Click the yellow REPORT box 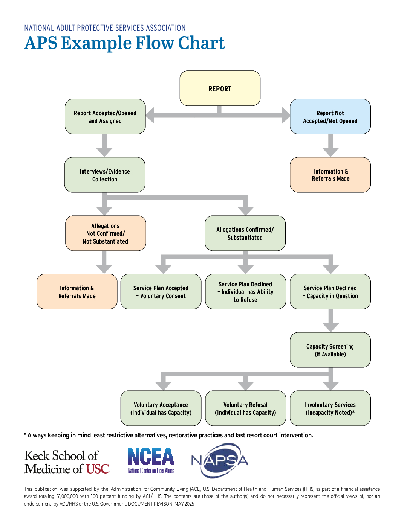(x=220, y=88)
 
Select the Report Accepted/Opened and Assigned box (x=105, y=117)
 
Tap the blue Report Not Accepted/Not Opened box (x=330, y=117)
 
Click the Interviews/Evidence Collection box (x=105, y=175)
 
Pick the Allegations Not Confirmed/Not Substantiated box (x=106, y=233)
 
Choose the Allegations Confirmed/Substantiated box (x=245, y=233)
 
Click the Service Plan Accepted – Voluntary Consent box (x=161, y=292)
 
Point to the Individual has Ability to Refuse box (x=245, y=292)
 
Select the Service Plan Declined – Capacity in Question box (x=330, y=292)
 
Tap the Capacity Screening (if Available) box (x=330, y=350)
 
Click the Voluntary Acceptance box (x=161, y=408)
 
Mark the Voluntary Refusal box (x=245, y=408)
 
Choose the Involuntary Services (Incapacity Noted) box (x=330, y=408)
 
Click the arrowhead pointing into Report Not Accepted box (x=286, y=115)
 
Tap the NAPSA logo (x=220, y=460)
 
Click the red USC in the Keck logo (x=98, y=469)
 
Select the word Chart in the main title (x=201, y=43)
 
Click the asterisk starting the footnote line (x=25, y=435)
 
